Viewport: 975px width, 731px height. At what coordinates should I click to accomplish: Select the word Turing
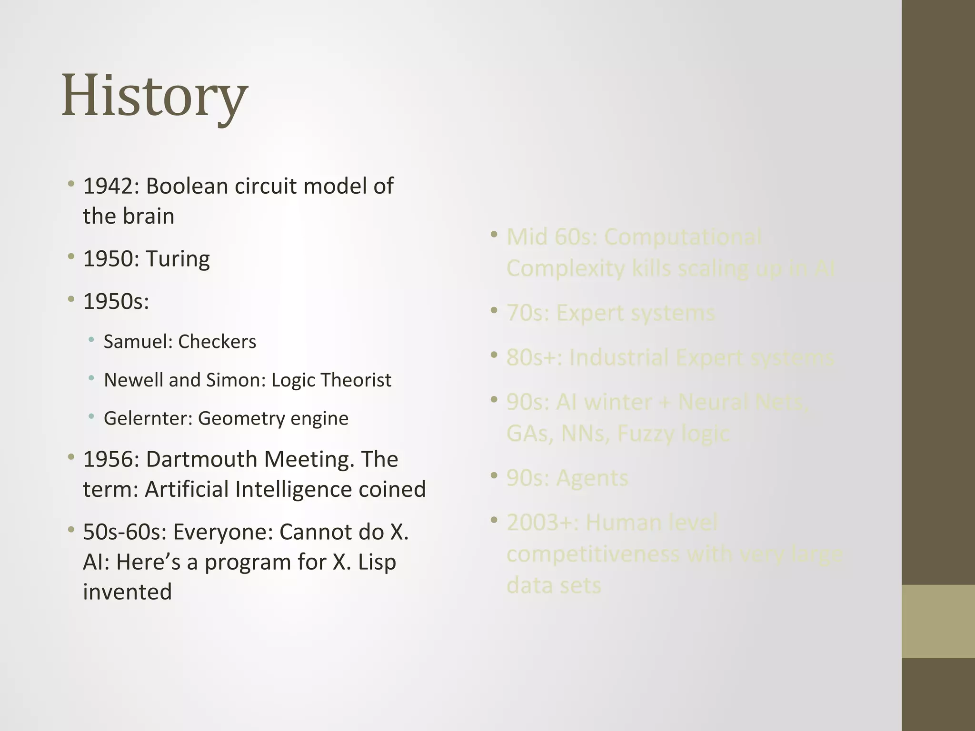click(178, 259)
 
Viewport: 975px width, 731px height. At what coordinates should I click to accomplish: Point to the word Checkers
click(217, 342)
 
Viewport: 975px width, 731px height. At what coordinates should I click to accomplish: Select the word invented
click(127, 592)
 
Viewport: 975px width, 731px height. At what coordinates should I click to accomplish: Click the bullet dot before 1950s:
click(71, 299)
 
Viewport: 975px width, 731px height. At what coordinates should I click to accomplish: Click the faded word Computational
click(683, 237)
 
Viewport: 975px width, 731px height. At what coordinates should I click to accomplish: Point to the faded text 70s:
click(528, 313)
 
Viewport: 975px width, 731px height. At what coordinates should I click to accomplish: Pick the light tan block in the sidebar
click(938, 621)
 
